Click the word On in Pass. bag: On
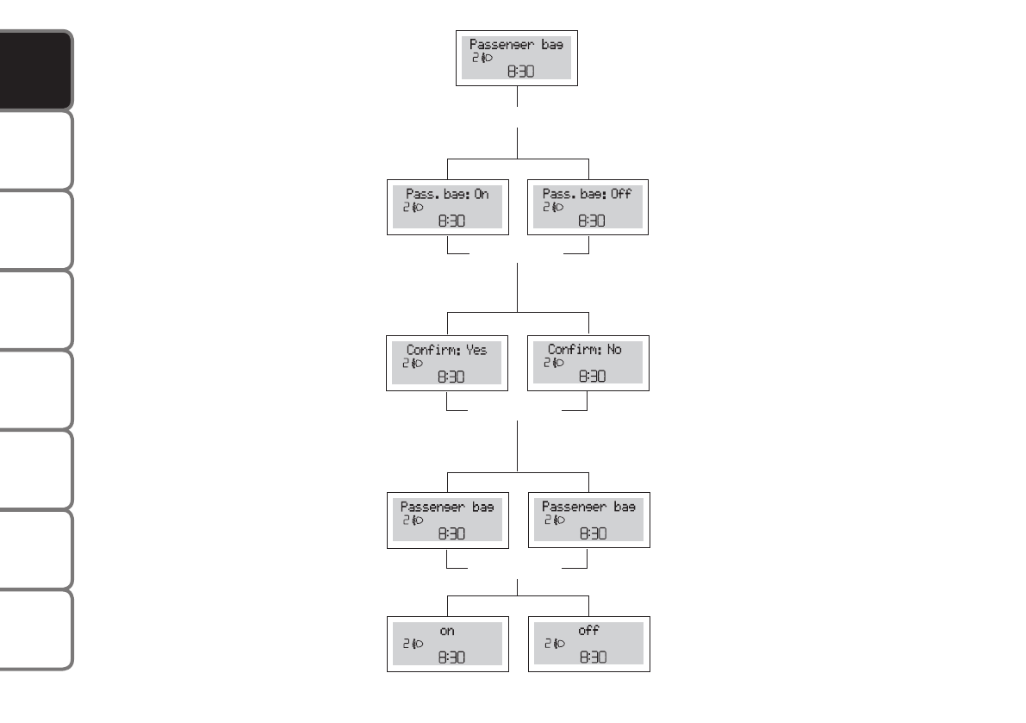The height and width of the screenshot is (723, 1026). pos(481,195)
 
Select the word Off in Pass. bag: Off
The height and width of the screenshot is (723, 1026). pos(620,195)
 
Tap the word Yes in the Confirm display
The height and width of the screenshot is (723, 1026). pos(476,350)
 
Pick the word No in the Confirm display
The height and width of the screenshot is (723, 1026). pos(612,350)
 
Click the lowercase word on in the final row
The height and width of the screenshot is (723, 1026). pos(447,632)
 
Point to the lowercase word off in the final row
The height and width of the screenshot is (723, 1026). pos(588,631)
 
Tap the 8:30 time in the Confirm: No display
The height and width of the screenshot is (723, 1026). pos(591,377)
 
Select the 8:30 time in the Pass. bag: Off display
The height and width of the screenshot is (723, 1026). pos(591,221)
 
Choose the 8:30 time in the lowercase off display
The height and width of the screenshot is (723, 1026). pos(591,658)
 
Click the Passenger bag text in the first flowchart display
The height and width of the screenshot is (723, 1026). pos(516,44)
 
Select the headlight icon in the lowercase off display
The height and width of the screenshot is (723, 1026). pos(559,644)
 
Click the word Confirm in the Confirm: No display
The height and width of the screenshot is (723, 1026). pos(574,350)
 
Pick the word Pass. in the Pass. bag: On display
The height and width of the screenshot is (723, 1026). pos(423,195)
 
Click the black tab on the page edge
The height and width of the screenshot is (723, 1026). pos(35,71)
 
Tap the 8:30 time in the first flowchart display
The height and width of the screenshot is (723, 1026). pos(519,72)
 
